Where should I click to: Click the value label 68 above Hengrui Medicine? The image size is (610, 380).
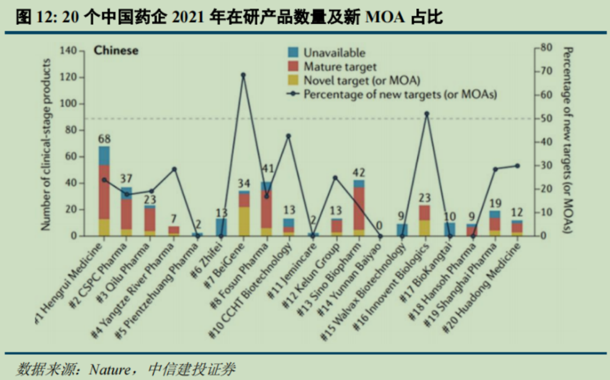104,138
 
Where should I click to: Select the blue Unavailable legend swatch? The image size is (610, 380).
293,53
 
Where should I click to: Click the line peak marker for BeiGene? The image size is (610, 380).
243,75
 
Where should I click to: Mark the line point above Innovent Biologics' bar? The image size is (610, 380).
426,113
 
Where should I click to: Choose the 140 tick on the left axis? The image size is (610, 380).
67,51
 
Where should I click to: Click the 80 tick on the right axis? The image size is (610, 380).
546,47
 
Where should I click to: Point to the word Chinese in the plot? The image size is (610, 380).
116,51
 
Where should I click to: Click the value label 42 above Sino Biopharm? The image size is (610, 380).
359,173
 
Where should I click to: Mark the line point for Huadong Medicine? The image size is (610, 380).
517,166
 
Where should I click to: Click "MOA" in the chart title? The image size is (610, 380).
385,18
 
